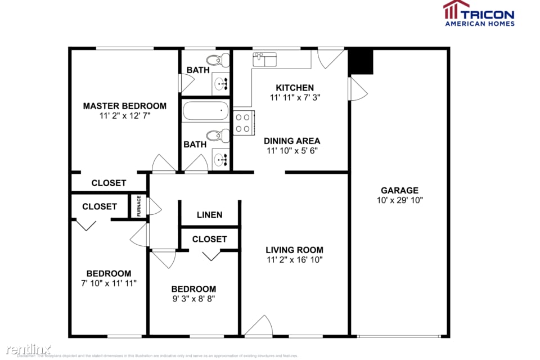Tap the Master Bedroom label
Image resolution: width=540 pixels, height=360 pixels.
pos(125,106)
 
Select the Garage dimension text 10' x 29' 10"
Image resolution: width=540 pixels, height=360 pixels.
pos(399,200)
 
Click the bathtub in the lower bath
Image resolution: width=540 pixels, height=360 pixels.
pos(206,111)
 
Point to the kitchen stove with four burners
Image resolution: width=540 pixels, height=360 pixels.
pos(244,123)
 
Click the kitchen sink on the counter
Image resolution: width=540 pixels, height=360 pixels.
pos(264,58)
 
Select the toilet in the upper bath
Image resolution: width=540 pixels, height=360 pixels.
pos(216,60)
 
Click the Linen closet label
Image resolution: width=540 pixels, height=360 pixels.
pos(209,215)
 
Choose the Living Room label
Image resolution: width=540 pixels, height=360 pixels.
pos(295,250)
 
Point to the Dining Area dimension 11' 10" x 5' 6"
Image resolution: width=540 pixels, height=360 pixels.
pos(292,151)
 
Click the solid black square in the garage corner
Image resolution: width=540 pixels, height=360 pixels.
pos(361,62)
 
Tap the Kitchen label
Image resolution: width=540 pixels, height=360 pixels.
pos(295,88)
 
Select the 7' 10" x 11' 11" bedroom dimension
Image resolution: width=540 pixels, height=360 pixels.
pos(109,283)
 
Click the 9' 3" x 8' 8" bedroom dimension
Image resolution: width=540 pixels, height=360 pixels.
pos(193,299)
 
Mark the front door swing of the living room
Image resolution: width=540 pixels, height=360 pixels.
pos(259,326)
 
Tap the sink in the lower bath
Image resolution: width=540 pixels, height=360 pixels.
pos(221,159)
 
